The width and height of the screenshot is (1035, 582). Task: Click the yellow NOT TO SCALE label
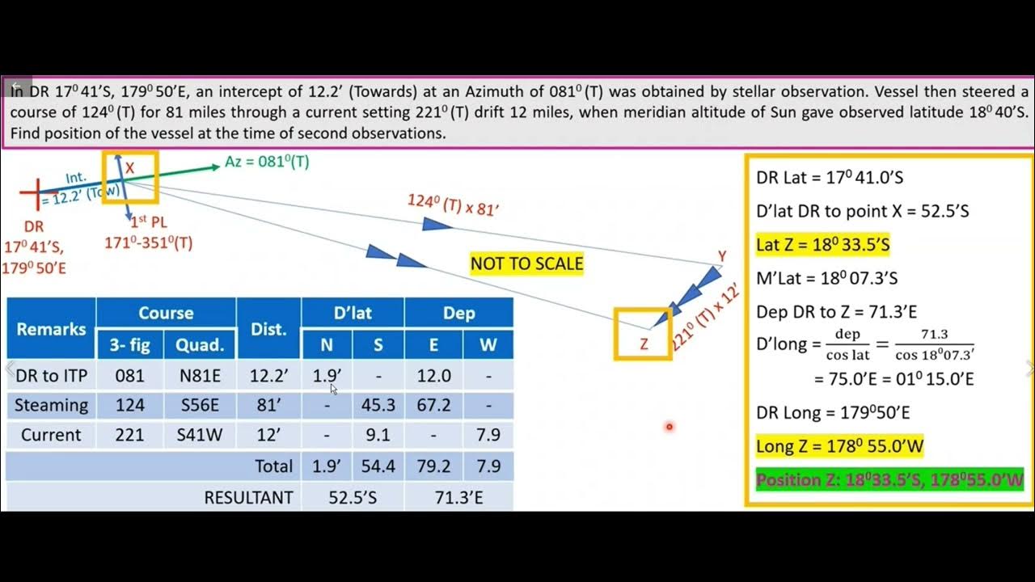(526, 264)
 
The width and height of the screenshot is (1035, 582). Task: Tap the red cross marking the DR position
(34, 193)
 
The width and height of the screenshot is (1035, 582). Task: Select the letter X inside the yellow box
(129, 169)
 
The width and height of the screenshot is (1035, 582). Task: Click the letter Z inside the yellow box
(644, 344)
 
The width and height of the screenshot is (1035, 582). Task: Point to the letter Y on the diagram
(721, 256)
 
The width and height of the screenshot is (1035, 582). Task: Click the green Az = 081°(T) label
(267, 162)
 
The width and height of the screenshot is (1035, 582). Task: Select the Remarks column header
(51, 329)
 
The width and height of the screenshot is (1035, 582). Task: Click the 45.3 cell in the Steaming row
(378, 405)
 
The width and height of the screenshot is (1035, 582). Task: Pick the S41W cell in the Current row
(199, 435)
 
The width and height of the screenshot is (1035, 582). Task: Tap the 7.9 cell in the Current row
(488, 435)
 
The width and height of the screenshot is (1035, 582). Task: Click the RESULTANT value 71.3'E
(458, 497)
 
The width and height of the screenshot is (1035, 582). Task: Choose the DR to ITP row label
(51, 376)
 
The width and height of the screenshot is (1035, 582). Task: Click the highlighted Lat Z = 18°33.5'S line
(823, 244)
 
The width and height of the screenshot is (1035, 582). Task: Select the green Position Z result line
(889, 479)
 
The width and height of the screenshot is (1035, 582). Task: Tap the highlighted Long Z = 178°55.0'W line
(839, 445)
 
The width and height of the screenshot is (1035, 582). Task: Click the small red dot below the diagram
(670, 427)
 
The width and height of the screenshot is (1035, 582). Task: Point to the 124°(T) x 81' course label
(453, 205)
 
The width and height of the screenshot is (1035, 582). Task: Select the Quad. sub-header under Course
(199, 345)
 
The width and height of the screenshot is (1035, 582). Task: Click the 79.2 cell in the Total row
(433, 466)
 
